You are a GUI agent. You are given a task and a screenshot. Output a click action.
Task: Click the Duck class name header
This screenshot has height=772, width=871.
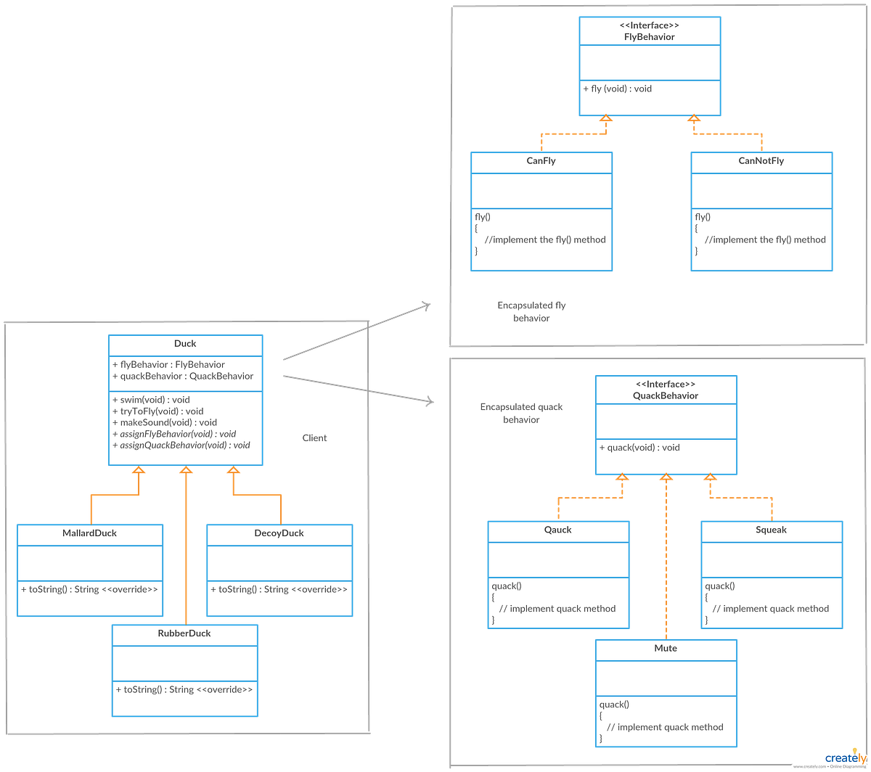[x=184, y=344]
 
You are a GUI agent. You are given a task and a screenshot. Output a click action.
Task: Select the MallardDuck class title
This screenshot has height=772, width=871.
[x=89, y=533]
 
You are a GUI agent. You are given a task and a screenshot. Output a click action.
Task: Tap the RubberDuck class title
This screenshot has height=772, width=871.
[x=184, y=633]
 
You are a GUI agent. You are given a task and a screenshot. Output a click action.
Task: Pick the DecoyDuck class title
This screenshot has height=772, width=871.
[x=279, y=533]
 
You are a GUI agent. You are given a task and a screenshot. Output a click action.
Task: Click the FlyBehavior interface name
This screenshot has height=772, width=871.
[x=650, y=36]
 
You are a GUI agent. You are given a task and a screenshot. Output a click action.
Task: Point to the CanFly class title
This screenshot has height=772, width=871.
[x=541, y=161]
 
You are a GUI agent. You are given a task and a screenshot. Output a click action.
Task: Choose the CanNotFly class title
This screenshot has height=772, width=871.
[x=761, y=161]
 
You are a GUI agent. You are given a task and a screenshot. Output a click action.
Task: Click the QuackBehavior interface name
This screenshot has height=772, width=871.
[x=666, y=395]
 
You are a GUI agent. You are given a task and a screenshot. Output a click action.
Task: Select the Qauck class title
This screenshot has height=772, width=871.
[x=557, y=530]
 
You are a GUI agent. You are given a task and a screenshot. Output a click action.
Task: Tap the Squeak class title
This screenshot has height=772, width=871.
[x=771, y=530]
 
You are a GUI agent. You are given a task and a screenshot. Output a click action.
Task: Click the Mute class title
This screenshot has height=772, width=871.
[x=666, y=648]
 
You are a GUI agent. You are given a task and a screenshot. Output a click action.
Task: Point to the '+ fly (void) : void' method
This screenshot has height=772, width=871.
[x=618, y=89]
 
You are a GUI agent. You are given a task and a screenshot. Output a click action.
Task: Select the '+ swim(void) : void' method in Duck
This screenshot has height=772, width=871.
[x=150, y=400]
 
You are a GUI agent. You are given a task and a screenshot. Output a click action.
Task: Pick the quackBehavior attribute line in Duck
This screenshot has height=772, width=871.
[x=182, y=376]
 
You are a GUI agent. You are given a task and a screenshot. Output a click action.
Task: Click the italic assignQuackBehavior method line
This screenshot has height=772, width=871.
[x=181, y=445]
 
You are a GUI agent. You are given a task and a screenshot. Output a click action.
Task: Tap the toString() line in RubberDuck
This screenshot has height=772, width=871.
[x=184, y=689]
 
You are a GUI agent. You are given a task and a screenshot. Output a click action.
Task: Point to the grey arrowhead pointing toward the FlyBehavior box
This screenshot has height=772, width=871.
[x=427, y=305]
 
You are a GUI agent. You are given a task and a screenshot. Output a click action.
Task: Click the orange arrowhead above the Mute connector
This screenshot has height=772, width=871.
[x=666, y=478]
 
